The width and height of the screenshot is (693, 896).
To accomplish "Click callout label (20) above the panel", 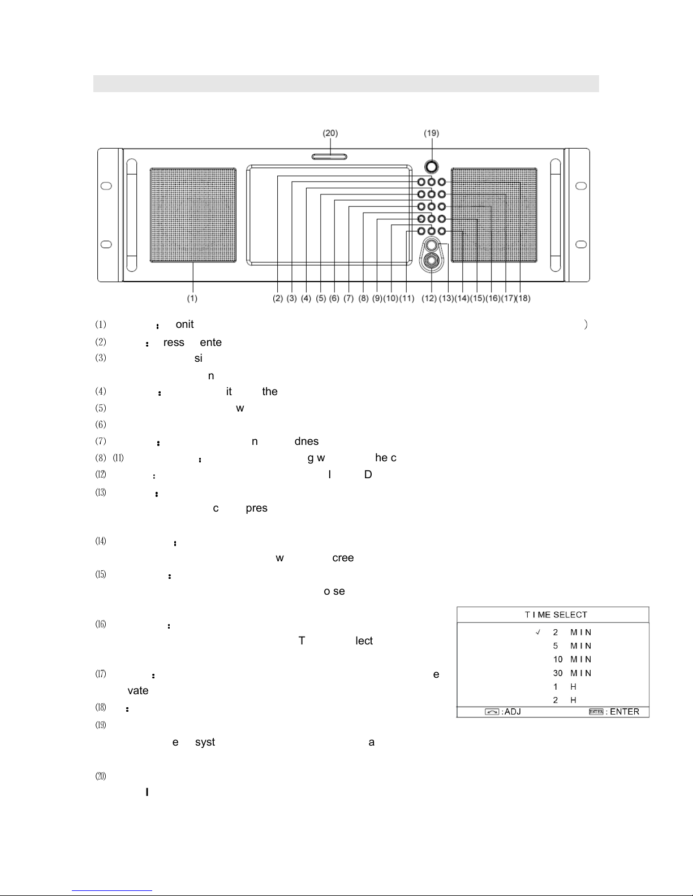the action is click(x=330, y=133).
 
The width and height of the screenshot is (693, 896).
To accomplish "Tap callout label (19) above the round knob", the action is click(x=432, y=133).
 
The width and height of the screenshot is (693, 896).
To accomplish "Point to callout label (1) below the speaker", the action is click(x=193, y=298).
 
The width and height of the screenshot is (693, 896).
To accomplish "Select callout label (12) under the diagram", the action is click(x=429, y=298).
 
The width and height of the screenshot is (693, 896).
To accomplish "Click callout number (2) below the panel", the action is click(x=278, y=298).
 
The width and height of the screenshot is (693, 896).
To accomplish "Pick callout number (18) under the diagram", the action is click(x=523, y=298).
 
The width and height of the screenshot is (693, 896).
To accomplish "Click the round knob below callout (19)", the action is click(x=432, y=167).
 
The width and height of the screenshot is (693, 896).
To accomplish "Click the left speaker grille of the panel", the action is click(x=193, y=215).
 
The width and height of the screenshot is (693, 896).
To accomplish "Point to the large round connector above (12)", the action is click(x=432, y=261).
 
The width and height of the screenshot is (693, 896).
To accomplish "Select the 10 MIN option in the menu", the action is click(x=572, y=659).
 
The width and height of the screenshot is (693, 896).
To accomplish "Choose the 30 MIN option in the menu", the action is click(x=572, y=673).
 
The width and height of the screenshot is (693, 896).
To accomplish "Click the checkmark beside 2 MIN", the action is click(x=537, y=632).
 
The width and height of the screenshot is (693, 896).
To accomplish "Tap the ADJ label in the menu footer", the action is click(x=511, y=712).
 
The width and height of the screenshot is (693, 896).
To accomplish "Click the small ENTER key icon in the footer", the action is click(x=596, y=712).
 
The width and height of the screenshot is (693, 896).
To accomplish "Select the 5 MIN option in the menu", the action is click(x=572, y=646).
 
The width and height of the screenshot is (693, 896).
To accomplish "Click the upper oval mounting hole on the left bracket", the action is click(x=105, y=186).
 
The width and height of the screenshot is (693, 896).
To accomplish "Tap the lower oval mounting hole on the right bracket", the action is click(x=581, y=244).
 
